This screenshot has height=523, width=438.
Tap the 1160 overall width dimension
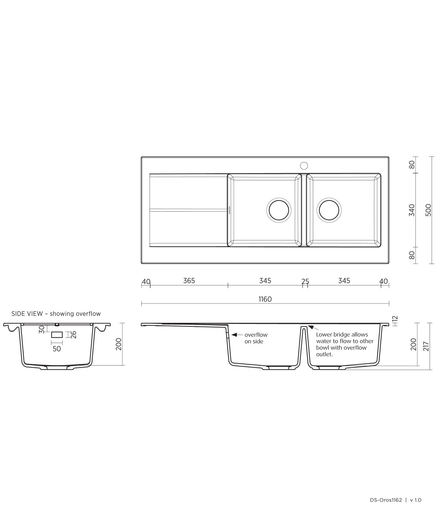[265, 299]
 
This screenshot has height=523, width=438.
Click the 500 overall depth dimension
[429, 210]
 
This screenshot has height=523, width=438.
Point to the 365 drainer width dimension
[189, 281]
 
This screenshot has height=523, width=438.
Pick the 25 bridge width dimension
[305, 281]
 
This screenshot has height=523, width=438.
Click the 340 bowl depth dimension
[412, 210]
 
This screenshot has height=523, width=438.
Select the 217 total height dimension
[426, 346]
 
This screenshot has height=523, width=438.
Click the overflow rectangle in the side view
[57, 335]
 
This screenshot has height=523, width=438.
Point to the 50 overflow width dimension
[57, 349]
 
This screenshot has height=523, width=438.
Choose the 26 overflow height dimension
[74, 335]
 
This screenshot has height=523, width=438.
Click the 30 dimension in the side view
[42, 329]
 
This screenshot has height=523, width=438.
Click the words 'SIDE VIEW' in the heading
[27, 314]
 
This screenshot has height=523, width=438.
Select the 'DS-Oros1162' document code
[386, 500]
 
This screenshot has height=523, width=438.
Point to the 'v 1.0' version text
[416, 500]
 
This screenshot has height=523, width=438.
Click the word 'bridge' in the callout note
[341, 335]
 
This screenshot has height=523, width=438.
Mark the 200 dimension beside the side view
[119, 344]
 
